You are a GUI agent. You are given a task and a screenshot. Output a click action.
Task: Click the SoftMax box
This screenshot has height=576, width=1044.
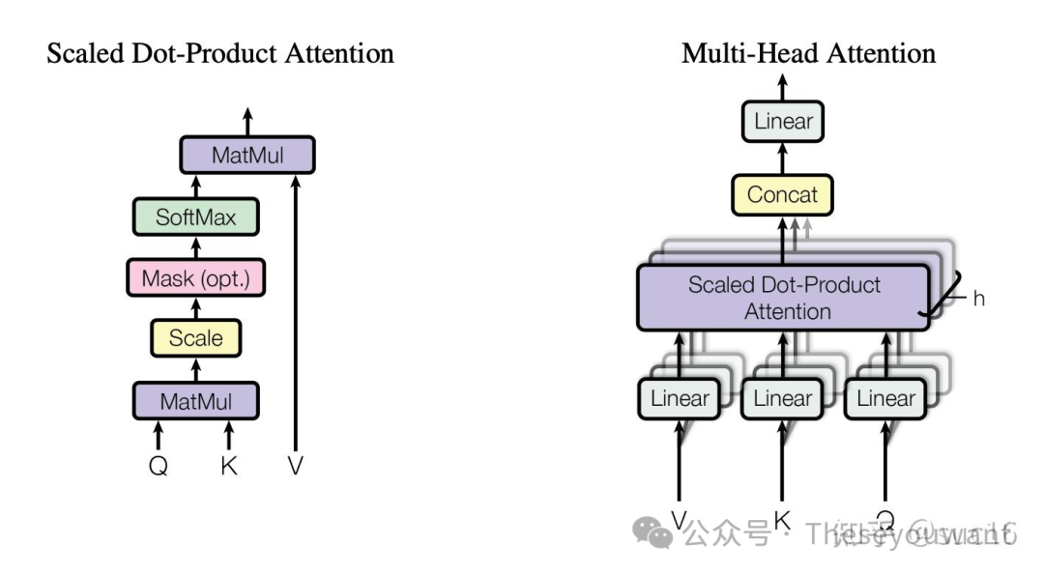pyautogui.click(x=196, y=217)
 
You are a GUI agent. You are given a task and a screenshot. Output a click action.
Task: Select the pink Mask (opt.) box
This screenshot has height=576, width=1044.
pyautogui.click(x=196, y=278)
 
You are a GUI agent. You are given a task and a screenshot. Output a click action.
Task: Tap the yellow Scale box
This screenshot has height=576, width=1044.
pyautogui.click(x=196, y=338)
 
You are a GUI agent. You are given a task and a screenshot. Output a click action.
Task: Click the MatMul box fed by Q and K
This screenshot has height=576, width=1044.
pyautogui.click(x=196, y=400)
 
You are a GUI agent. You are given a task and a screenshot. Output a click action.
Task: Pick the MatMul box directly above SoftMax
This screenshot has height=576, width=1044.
pyautogui.click(x=247, y=155)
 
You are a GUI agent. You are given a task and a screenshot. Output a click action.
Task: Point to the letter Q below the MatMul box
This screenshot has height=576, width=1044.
pyautogui.click(x=159, y=466)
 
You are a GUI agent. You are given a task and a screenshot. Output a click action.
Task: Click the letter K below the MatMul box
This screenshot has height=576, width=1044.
pyautogui.click(x=228, y=466)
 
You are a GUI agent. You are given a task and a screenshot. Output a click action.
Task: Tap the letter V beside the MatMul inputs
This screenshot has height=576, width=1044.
pyautogui.click(x=295, y=466)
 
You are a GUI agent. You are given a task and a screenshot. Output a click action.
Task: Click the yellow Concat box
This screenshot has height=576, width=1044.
pyautogui.click(x=782, y=195)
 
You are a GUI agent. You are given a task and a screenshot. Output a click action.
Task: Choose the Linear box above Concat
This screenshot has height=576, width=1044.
pyautogui.click(x=783, y=123)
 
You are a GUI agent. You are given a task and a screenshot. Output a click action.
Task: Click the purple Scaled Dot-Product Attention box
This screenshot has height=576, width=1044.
pyautogui.click(x=783, y=298)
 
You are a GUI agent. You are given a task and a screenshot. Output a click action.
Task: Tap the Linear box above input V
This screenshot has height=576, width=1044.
pyautogui.click(x=680, y=398)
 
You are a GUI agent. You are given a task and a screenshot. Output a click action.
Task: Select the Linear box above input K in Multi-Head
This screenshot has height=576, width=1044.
pyautogui.click(x=783, y=398)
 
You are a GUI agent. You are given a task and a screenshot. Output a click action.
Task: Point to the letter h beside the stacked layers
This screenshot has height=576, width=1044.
pyautogui.click(x=978, y=299)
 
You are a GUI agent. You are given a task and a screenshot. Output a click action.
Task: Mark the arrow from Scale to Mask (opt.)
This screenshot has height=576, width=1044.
pyautogui.click(x=196, y=308)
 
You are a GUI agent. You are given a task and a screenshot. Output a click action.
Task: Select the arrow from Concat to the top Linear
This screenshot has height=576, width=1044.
pyautogui.click(x=782, y=159)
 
